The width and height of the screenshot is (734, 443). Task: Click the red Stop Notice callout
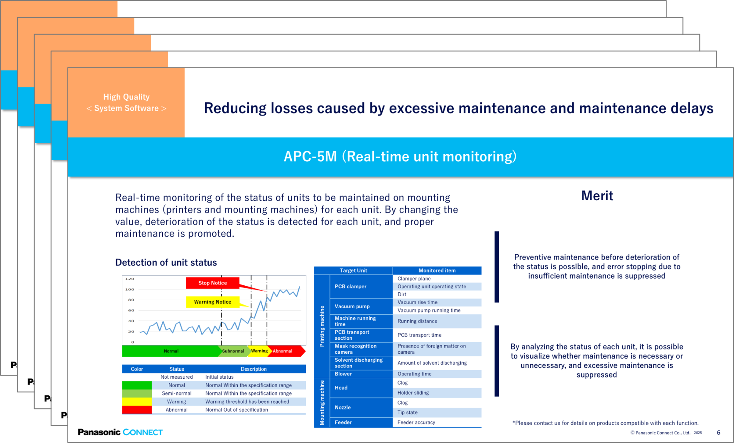point(212,283)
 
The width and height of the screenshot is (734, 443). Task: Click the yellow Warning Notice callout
point(212,302)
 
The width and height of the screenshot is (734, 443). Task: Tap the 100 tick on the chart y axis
point(130,289)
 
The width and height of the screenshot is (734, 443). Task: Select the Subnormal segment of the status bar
point(233,351)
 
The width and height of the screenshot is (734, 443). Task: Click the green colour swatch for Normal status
point(137,385)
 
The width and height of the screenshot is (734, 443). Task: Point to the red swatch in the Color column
point(137,410)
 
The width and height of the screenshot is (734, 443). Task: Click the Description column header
point(254,369)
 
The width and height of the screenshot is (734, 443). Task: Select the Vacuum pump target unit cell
point(352,306)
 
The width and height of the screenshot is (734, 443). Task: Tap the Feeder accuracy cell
point(416,422)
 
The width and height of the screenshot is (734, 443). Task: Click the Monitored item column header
point(437,270)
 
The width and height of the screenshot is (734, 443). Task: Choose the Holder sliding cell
point(413,393)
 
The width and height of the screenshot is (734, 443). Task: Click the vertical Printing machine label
point(322,326)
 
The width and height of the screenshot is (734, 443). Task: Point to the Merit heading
point(597,196)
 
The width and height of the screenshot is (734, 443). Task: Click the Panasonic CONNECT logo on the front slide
point(120,432)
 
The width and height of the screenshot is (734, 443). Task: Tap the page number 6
point(718,433)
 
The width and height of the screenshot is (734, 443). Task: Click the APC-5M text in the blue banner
point(310,156)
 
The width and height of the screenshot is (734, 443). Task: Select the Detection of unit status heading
point(166,263)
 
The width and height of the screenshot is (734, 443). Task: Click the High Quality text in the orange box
point(126,97)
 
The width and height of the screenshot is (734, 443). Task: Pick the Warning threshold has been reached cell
point(247,402)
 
